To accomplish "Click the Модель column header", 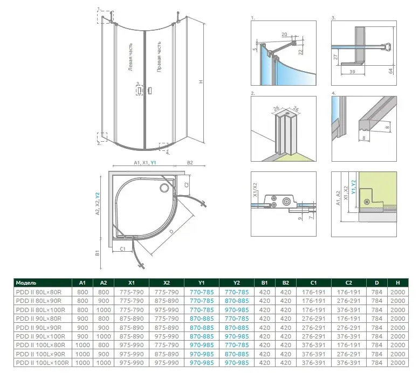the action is click(26, 282).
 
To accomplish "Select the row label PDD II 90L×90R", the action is click(38, 328).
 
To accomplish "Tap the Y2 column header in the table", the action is click(237, 282).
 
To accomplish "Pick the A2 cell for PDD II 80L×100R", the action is click(104, 310).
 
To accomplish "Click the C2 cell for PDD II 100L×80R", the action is click(349, 345).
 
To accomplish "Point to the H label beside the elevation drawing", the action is click(201, 82).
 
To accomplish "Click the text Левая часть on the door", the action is click(130, 57).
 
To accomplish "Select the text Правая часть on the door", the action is click(159, 57).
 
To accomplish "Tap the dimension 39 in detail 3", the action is click(352, 72).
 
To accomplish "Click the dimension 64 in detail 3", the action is click(390, 71).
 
